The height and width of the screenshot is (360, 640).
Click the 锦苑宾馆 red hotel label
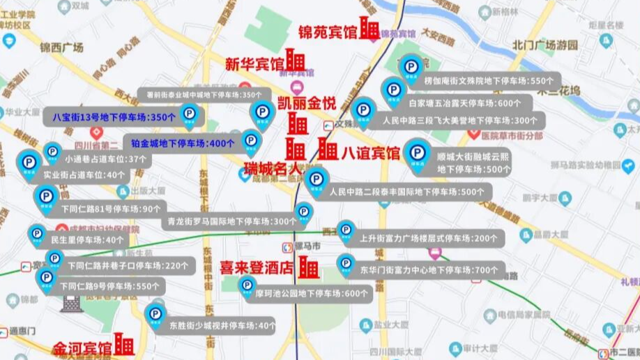[327, 32]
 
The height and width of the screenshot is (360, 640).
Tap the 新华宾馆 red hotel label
[254, 64]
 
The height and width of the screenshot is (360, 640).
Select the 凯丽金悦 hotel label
[307, 103]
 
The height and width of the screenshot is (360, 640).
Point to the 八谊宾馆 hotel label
[370, 153]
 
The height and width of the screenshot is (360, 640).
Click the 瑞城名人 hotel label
[271, 168]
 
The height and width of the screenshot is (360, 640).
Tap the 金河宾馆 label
[82, 347]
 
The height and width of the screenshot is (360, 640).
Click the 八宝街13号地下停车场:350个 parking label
[114, 117]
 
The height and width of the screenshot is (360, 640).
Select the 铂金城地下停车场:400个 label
[183, 144]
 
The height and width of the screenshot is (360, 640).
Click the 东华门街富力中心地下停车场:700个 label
[433, 269]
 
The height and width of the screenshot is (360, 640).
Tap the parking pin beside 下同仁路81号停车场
[47, 197]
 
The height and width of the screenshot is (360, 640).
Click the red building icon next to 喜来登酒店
[309, 267]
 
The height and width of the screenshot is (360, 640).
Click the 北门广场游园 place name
[545, 45]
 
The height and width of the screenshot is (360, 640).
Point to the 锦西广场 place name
[61, 47]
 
